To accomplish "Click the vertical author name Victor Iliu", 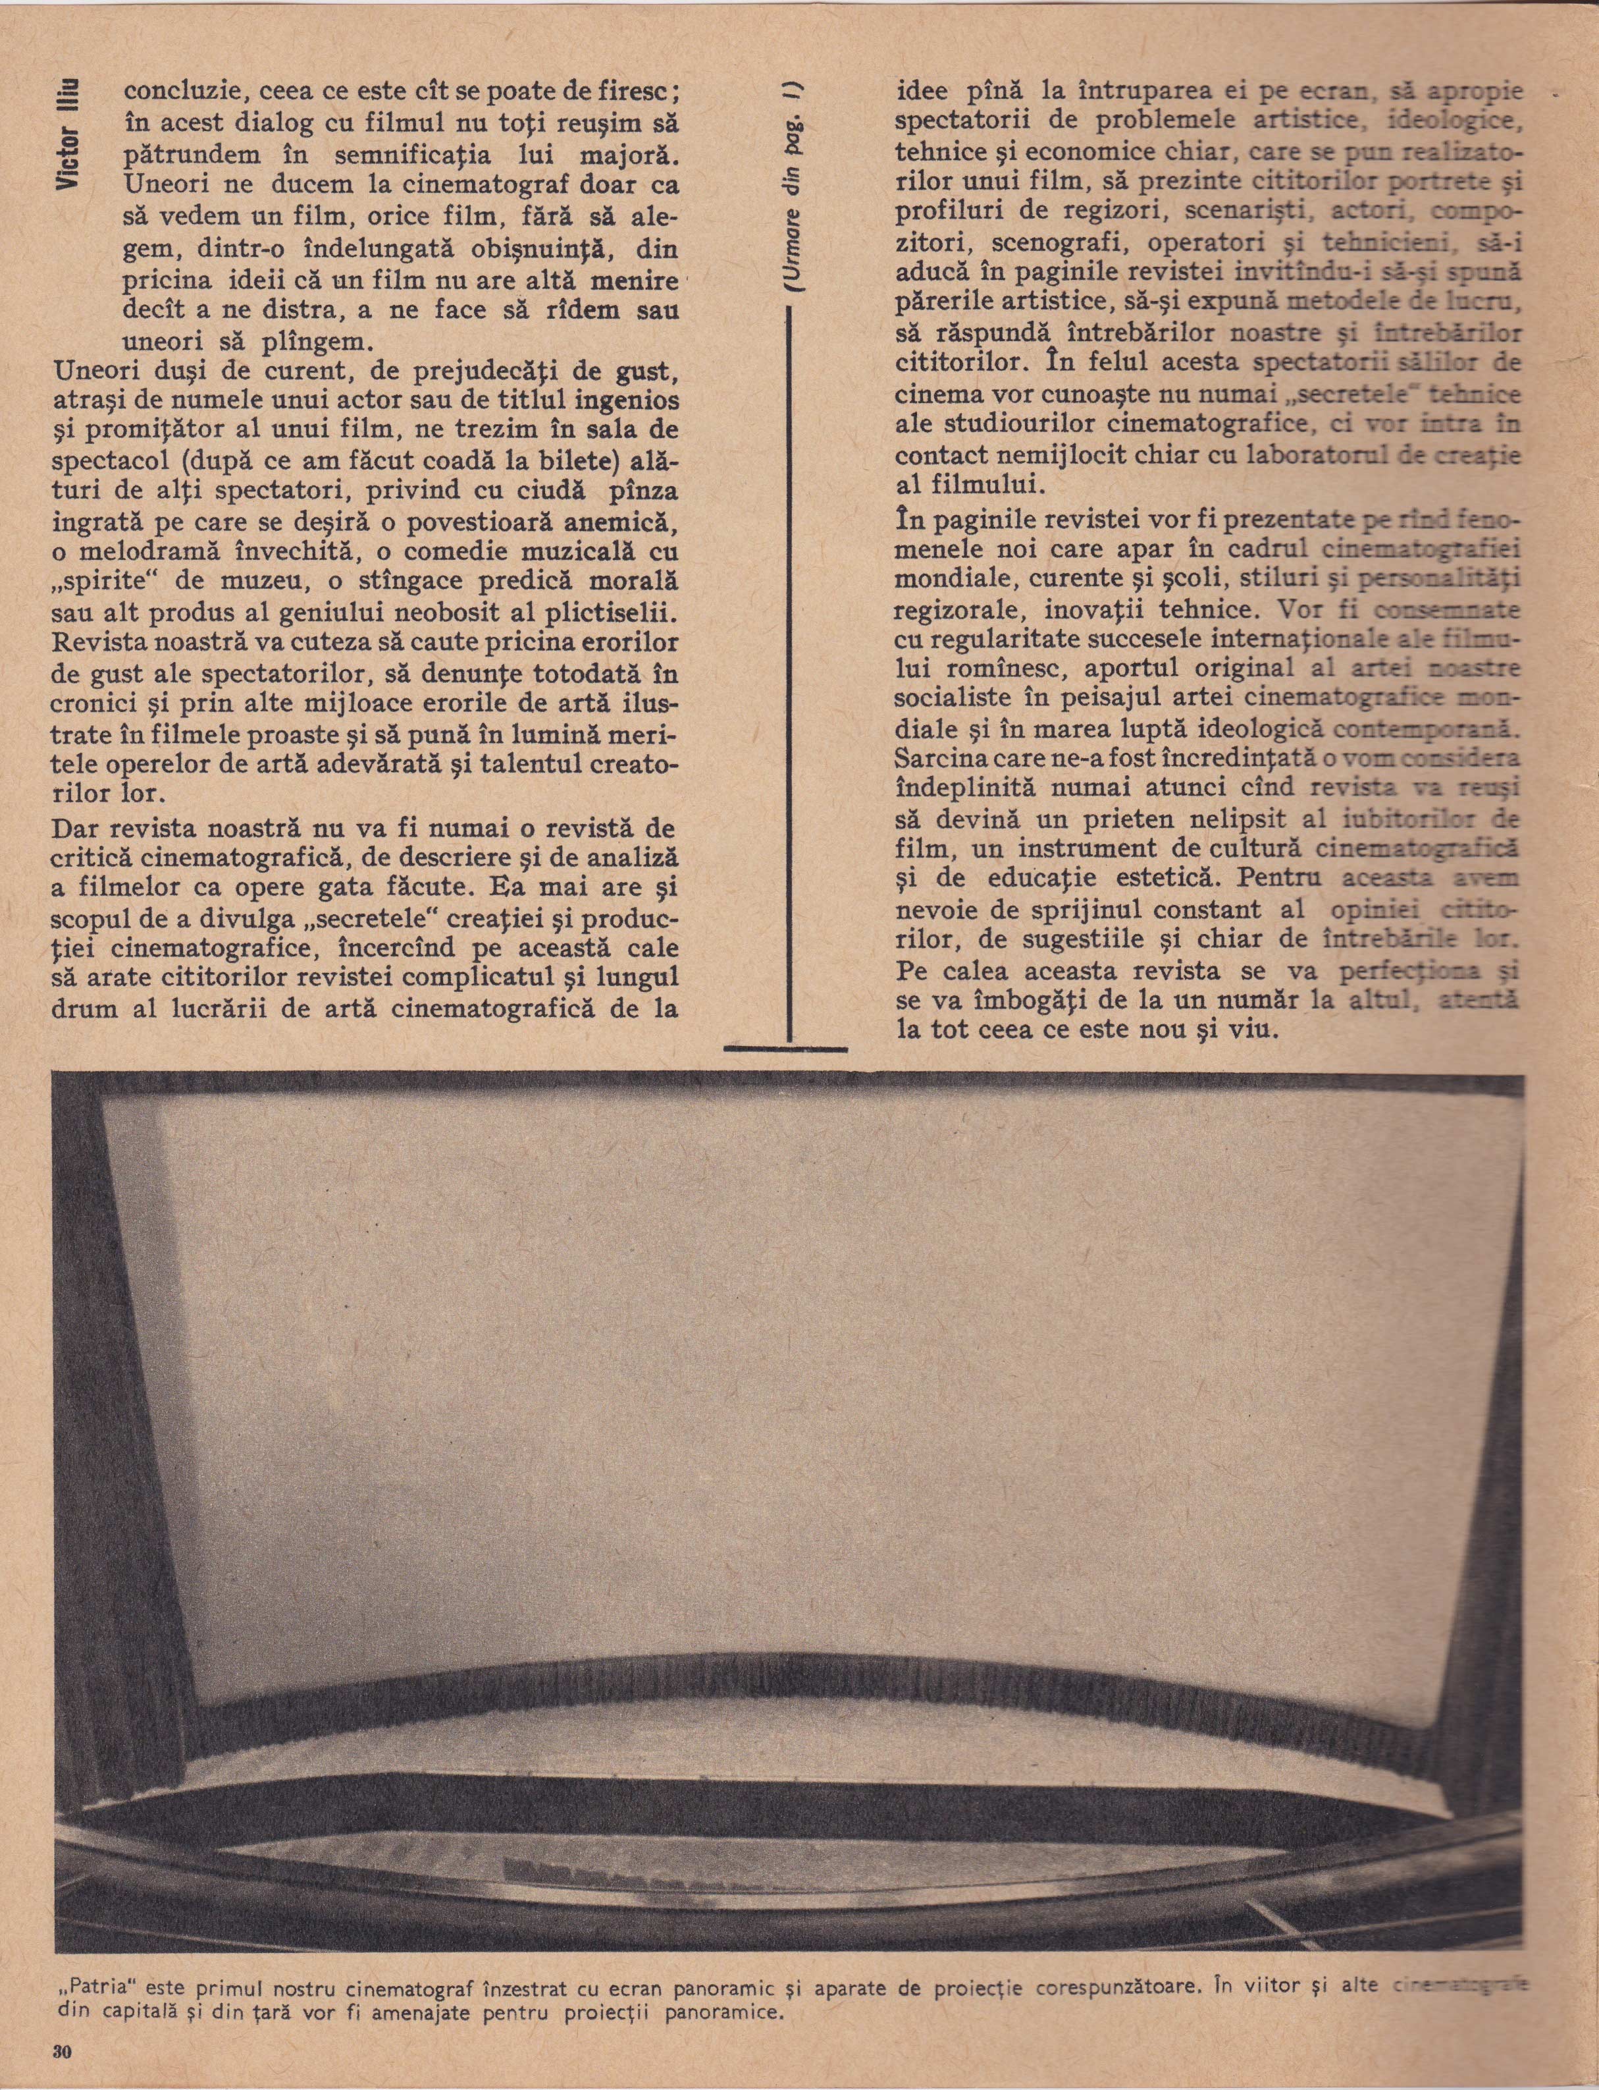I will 68,133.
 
